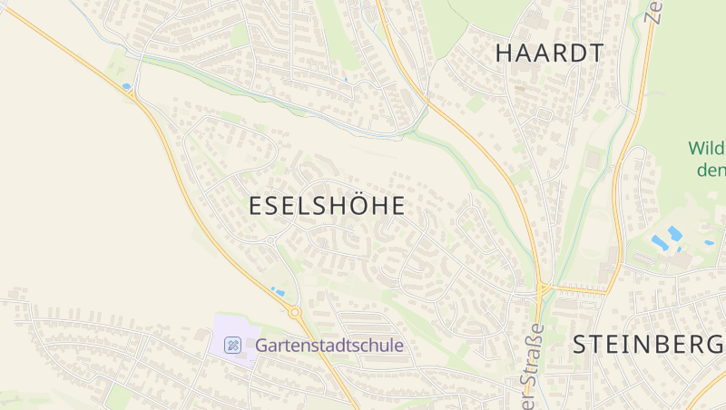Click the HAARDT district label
click(x=549, y=53)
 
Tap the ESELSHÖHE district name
click(x=327, y=206)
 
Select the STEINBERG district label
click(x=648, y=345)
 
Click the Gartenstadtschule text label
click(x=329, y=346)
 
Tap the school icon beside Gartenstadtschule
click(x=233, y=345)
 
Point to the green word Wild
click(x=705, y=148)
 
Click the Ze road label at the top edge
click(x=652, y=11)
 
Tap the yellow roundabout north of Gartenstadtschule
click(x=295, y=312)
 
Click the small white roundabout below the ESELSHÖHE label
click(x=270, y=240)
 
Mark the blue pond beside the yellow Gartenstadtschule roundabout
click(x=278, y=292)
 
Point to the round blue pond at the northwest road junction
click(x=126, y=87)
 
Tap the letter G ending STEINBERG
click(x=712, y=345)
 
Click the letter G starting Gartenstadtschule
click(x=261, y=346)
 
